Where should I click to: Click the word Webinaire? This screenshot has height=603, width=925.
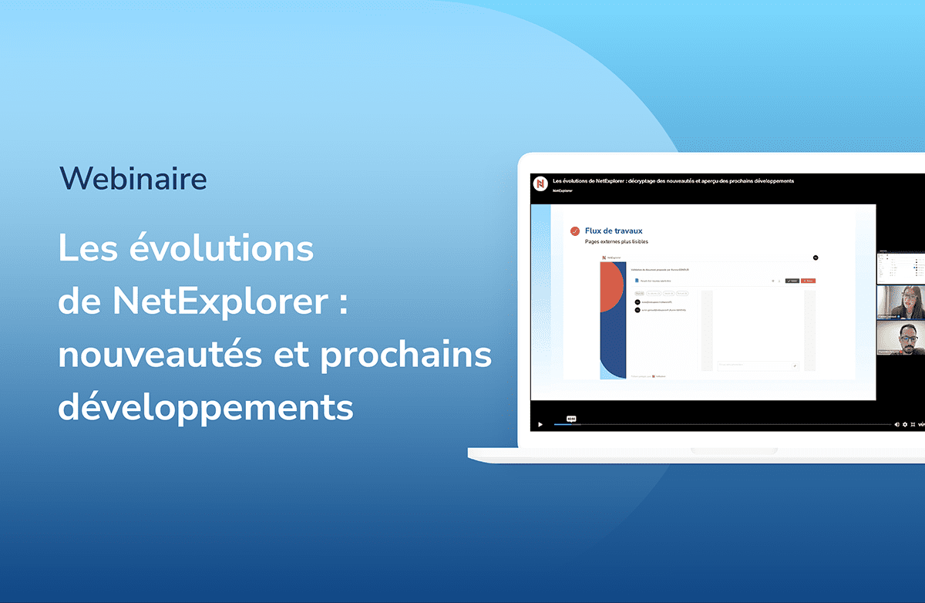[133, 178]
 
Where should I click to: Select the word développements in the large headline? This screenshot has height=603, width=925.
[205, 407]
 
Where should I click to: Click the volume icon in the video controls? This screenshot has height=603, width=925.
[896, 425]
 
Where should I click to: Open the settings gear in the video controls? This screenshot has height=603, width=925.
[905, 425]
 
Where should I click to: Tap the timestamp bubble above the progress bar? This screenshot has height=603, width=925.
[571, 419]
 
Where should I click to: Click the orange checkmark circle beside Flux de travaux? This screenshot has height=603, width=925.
[574, 231]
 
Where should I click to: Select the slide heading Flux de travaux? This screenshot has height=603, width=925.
[614, 231]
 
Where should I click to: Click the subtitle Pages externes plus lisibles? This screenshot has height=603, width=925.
[617, 241]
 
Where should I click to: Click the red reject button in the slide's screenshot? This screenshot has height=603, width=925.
[807, 281]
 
